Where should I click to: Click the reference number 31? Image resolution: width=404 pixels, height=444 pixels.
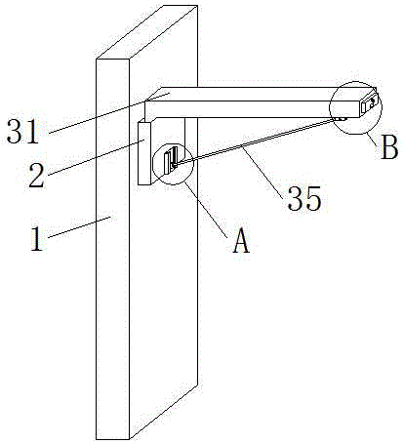pos(22,132)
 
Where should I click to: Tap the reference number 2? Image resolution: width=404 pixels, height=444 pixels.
pos(36,176)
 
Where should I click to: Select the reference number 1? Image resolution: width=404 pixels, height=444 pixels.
pos(37,239)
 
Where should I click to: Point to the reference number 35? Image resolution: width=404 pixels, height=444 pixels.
pos(304,198)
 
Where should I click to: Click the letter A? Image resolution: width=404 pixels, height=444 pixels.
pos(241,240)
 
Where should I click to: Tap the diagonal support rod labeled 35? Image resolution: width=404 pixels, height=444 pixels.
pos(257,141)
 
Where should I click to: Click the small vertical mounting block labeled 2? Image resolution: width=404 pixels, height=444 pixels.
pos(144,153)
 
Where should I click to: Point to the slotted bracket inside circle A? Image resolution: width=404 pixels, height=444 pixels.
pos(171,160)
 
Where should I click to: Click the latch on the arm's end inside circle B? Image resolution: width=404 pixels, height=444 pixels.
pos(370,104)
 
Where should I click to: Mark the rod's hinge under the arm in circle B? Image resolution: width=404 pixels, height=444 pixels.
pos(340,119)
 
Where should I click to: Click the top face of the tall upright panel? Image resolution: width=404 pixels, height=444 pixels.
pos(146,32)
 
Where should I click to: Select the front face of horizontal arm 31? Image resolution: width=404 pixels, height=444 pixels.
pos(252,109)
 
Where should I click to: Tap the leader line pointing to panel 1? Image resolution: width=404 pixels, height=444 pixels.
pos(80,227)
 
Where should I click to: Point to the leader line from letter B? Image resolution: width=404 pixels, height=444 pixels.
pos(372,139)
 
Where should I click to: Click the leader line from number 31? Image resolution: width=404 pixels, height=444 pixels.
pos(109,113)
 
